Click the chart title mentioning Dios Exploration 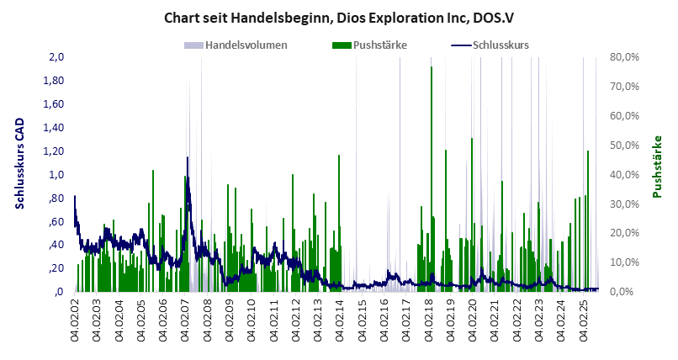point(339,17)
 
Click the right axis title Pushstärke point(658,167)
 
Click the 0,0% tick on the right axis point(622,291)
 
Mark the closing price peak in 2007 point(187,158)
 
